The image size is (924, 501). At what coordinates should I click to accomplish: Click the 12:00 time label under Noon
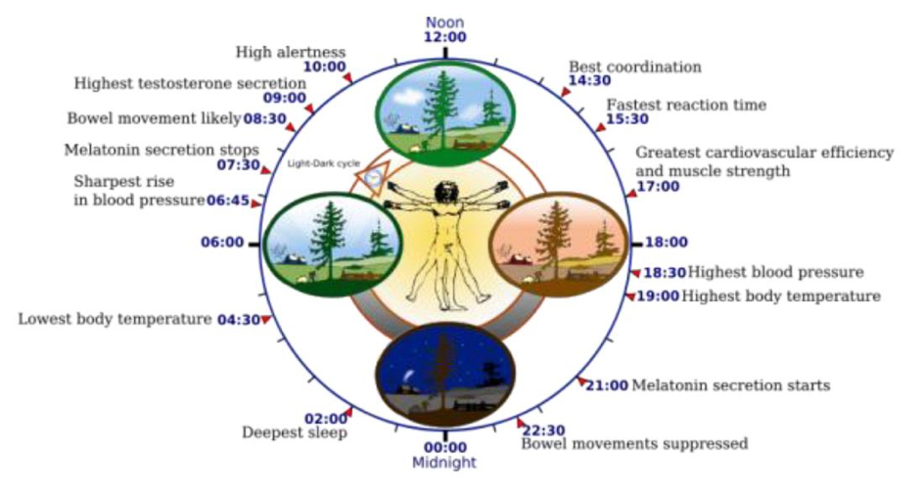(445, 36)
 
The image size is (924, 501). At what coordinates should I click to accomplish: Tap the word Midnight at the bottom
(445, 462)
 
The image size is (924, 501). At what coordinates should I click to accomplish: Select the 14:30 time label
(590, 80)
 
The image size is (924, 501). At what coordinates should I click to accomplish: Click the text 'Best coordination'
(635, 67)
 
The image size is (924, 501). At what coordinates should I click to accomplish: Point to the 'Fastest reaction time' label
(686, 105)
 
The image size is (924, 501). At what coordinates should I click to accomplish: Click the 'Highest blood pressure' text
(775, 272)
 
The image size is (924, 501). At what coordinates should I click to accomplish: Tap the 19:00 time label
(658, 296)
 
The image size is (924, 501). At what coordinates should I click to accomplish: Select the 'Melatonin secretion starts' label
(731, 386)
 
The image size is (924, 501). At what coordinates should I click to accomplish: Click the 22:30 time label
(543, 430)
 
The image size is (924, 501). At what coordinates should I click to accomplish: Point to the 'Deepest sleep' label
(294, 433)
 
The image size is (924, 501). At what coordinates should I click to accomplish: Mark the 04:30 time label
(237, 319)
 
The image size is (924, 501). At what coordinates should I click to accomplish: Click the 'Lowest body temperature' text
(115, 319)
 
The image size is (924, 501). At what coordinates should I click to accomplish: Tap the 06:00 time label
(222, 242)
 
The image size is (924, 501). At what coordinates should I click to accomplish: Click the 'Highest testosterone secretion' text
(190, 83)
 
